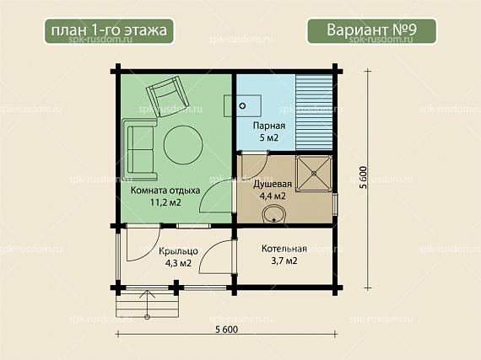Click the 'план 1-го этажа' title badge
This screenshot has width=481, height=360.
(x=109, y=31)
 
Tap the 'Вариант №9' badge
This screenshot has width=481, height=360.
(x=371, y=31)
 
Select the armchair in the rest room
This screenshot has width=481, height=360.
(x=167, y=96)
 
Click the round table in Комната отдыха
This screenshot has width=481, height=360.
(x=183, y=145)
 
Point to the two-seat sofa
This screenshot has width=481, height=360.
(x=140, y=150)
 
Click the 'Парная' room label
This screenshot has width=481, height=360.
(x=269, y=126)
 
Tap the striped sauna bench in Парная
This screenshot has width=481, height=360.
(x=314, y=112)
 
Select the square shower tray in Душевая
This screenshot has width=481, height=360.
(x=314, y=174)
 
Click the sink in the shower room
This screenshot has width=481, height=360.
(x=274, y=214)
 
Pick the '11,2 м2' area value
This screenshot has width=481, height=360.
(x=165, y=202)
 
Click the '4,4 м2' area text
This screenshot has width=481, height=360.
(x=273, y=196)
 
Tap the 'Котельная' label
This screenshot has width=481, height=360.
(x=284, y=249)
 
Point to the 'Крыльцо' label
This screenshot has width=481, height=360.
(x=178, y=251)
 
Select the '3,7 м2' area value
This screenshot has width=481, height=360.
(x=284, y=261)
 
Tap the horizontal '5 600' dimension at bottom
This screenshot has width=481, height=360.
(x=227, y=330)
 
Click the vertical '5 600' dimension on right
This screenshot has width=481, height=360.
(x=363, y=177)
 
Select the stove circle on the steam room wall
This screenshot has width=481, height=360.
(x=242, y=106)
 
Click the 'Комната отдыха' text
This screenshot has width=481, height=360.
(x=165, y=191)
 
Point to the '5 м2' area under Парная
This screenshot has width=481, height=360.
(x=269, y=138)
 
